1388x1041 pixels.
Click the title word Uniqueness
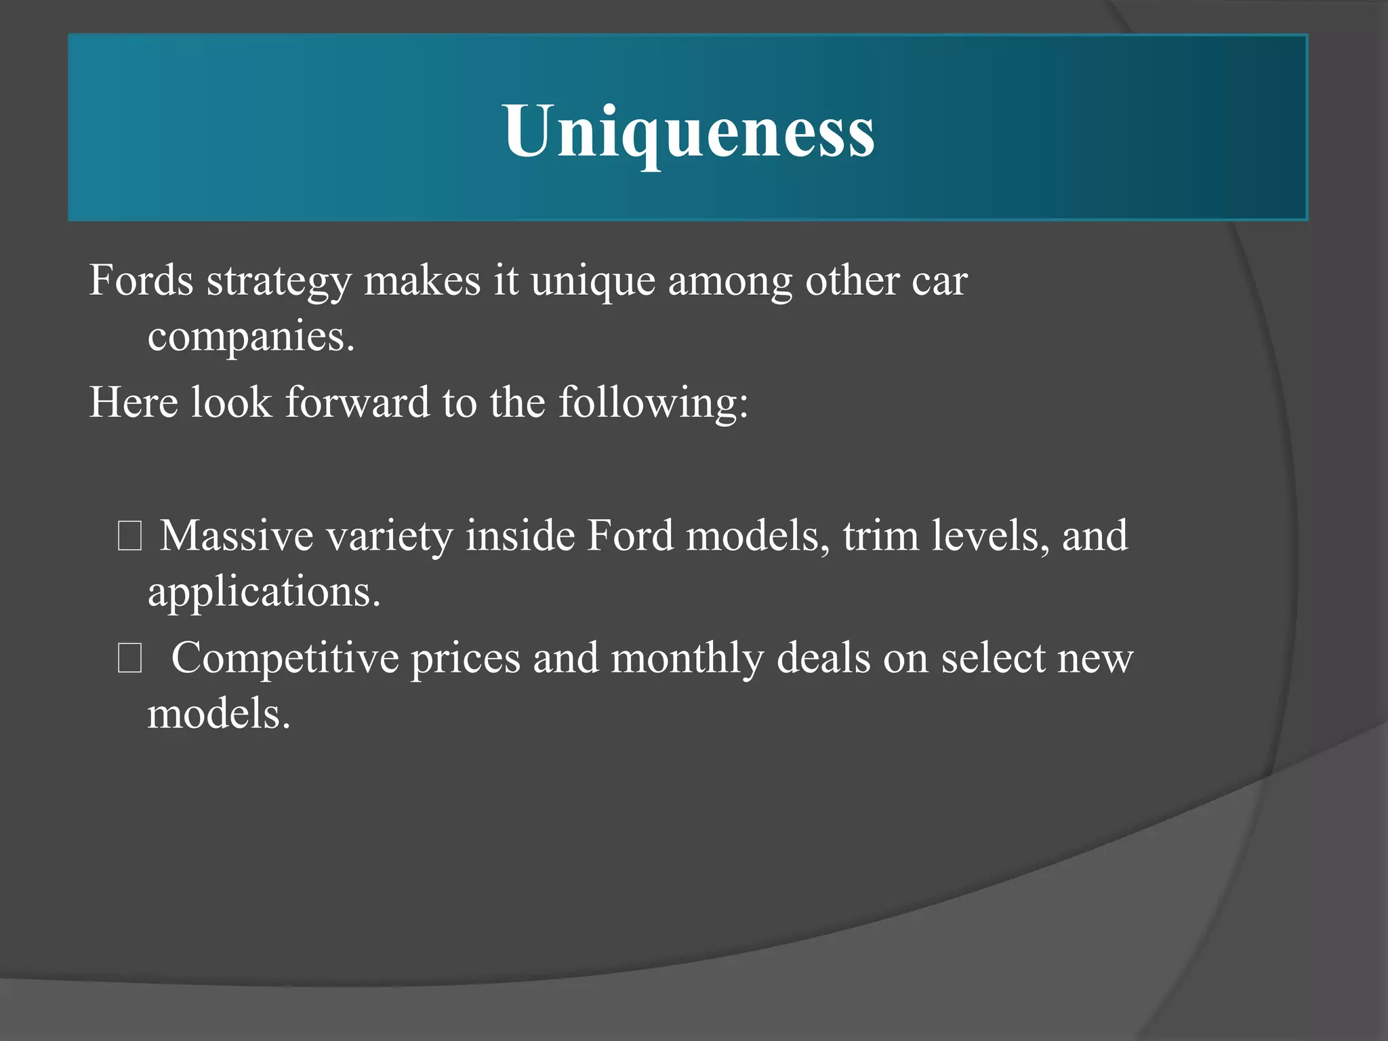689,131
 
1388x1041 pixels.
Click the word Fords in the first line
141,280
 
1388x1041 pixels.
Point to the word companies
251,337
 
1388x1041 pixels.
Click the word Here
134,402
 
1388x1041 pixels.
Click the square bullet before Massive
129,537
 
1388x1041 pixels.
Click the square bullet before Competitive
129,659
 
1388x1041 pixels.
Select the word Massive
237,536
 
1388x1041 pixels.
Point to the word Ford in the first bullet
630,536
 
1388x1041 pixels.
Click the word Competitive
285,659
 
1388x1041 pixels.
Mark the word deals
823,659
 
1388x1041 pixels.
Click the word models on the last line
219,714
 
